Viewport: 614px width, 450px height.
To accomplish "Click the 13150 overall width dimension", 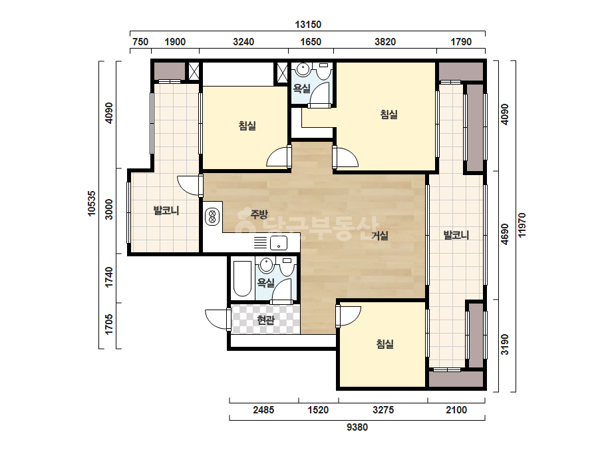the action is coord(308,25).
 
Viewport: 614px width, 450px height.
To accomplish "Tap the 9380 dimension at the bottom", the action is coord(357,427).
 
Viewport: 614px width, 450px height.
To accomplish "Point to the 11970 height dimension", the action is coord(522,225).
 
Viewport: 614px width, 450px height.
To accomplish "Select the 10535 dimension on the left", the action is coord(91,203).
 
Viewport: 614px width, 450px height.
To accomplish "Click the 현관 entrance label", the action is coord(265,320).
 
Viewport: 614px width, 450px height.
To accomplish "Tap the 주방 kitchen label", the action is coord(259,214).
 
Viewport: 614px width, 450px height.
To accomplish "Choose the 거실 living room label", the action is coord(380,235).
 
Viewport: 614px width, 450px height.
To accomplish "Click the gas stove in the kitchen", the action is coord(212,217).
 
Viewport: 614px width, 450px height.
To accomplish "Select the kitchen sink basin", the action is coord(279,242).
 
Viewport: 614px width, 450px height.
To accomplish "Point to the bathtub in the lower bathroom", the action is coord(242,279).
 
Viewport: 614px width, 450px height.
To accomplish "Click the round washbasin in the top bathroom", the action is coord(303,70).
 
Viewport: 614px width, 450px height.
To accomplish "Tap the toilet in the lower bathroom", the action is coord(287,267).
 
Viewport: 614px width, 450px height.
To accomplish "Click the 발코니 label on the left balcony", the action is coord(166,210).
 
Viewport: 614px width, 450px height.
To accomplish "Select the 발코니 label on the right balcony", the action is coord(456,235).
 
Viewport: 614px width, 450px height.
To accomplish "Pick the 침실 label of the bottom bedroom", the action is coord(384,343).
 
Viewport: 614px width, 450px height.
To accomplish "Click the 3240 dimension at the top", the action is coord(243,41).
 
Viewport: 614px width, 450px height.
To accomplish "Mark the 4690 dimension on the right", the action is coord(505,234).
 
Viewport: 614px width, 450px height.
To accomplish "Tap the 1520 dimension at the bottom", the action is coord(318,410).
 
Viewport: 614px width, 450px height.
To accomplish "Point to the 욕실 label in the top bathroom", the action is coord(301,89).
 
